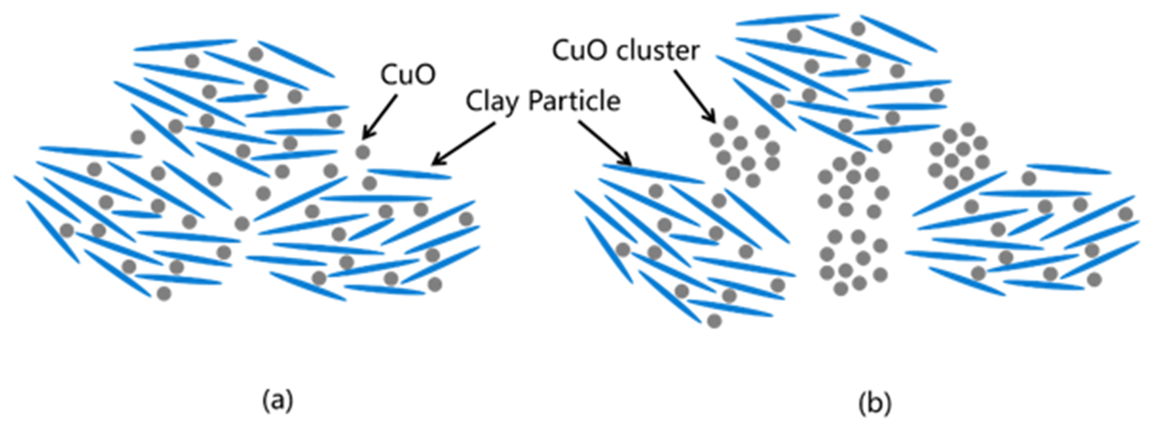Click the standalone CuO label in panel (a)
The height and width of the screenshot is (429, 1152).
[407, 74]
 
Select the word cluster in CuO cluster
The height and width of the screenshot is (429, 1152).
[657, 50]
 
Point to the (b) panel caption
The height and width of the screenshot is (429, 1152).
[875, 403]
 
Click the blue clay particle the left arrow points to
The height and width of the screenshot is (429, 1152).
[409, 174]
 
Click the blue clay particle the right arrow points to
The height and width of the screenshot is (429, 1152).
[653, 174]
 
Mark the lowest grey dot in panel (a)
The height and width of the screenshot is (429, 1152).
[164, 293]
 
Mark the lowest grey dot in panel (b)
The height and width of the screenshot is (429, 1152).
[714, 321]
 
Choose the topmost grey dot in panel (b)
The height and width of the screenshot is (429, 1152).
[858, 29]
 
